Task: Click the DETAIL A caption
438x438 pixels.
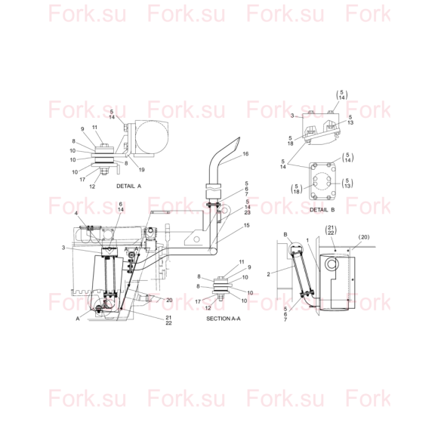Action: [x=129, y=186]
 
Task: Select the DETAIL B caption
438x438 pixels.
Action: [x=322, y=209]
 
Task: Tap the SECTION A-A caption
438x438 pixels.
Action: [x=224, y=319]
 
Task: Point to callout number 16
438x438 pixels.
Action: [x=245, y=154]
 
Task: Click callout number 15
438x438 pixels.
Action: [x=246, y=225]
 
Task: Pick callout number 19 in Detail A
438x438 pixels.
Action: [x=142, y=170]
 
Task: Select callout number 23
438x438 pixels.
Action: [x=247, y=212]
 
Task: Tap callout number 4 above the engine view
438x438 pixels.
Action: [x=76, y=213]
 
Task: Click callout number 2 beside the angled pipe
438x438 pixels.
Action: [x=268, y=274]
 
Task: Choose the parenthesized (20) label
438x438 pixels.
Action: [x=364, y=237]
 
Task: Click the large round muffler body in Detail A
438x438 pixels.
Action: [x=152, y=137]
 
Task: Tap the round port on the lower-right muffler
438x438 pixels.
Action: [x=332, y=264]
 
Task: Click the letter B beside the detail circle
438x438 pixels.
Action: [x=285, y=234]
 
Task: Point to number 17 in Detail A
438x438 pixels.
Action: [x=82, y=179]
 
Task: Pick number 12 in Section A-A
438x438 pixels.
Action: [x=208, y=308]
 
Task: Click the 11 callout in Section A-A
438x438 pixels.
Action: [x=242, y=262]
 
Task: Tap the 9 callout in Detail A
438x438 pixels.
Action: [x=82, y=129]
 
